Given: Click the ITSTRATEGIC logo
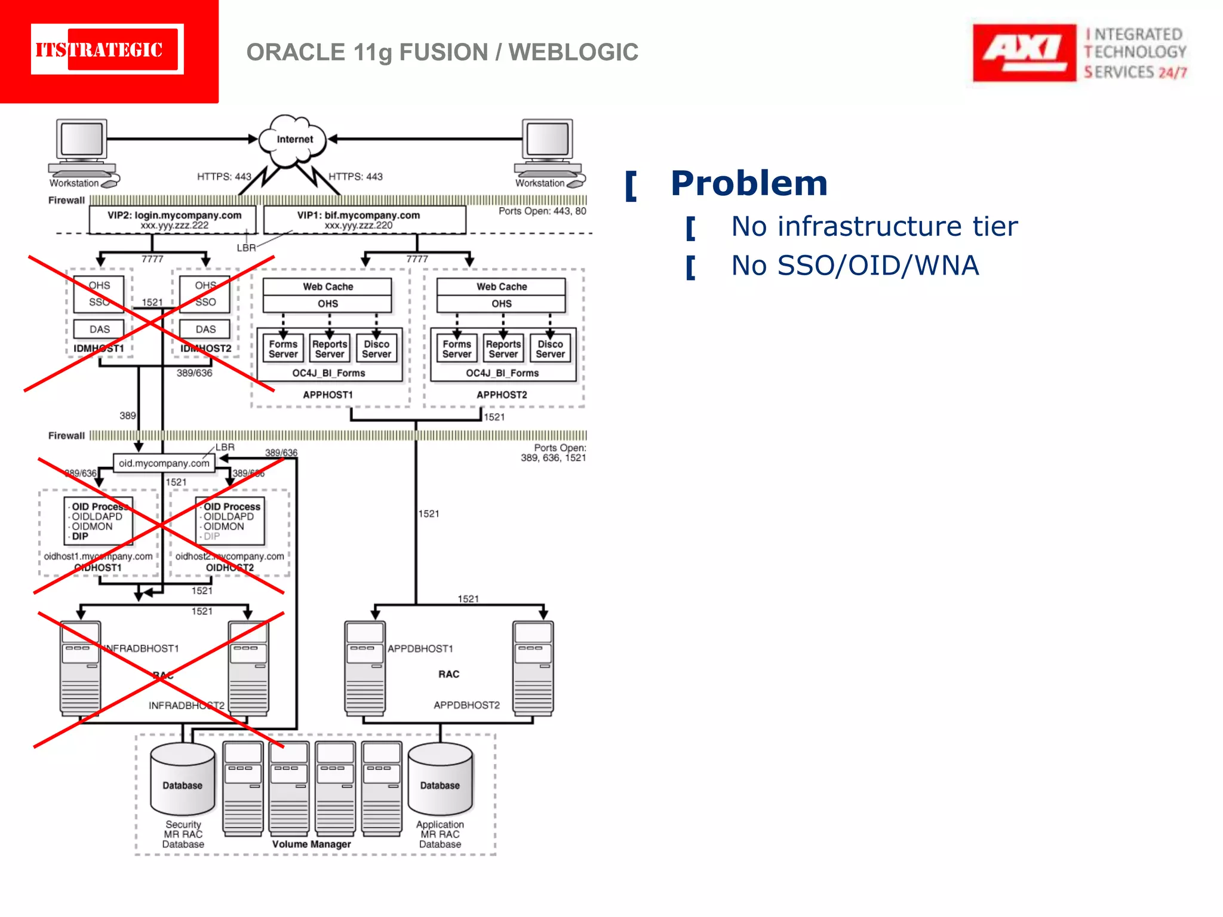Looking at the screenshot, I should coord(107,50).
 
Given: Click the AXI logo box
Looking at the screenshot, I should coord(1024,53).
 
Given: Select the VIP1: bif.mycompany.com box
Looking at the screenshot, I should coord(364,220).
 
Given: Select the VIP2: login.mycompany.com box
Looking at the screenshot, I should coord(173,220).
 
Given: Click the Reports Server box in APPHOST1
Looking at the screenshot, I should coord(330,349).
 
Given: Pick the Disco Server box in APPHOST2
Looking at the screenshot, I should coord(550,349).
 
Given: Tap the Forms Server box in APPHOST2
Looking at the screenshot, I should coord(457,349).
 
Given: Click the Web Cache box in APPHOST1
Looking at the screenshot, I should coord(327,287).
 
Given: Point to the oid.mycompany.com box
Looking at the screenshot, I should coord(164,463).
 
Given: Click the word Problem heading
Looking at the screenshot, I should coord(749,183).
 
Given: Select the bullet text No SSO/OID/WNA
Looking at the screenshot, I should coord(855,266).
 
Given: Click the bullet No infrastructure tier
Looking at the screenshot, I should coord(874,227).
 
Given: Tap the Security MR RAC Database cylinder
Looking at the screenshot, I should coord(183,780).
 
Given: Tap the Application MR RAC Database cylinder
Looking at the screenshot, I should coord(440,780).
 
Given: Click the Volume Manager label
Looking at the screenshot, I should coord(312,844).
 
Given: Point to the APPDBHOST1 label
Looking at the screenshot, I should coord(420,649).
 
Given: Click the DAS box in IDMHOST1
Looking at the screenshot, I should coord(99,330).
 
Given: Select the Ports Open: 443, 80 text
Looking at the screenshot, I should coord(542,211).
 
